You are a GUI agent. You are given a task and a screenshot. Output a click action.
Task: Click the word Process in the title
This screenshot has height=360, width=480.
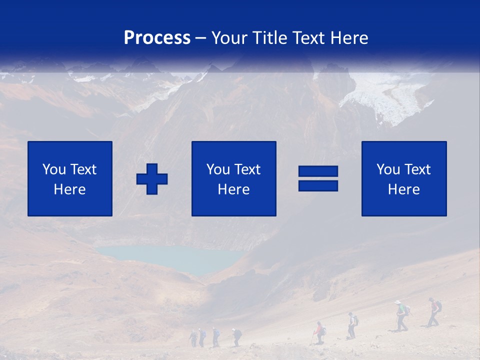click(x=157, y=38)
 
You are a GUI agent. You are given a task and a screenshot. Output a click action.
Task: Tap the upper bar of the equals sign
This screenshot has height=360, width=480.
click(x=318, y=171)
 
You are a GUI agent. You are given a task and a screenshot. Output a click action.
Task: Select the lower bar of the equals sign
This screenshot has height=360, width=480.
click(x=318, y=186)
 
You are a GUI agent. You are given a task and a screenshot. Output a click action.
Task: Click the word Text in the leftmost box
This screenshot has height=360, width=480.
click(x=82, y=169)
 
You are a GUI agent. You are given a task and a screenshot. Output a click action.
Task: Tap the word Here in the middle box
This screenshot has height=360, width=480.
click(x=233, y=189)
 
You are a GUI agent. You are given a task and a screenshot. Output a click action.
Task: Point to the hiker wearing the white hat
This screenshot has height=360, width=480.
click(x=399, y=315)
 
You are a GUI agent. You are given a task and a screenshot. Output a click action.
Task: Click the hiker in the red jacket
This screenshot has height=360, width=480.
click(x=318, y=332)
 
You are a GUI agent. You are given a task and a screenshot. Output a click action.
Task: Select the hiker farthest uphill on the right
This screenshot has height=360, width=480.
click(x=434, y=311)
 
